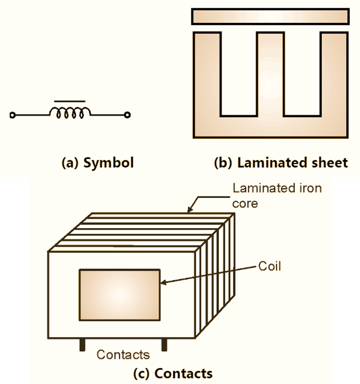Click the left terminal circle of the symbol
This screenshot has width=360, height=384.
(x=12, y=115)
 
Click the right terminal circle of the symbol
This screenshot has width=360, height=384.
(x=127, y=115)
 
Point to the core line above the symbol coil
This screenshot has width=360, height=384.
(x=70, y=100)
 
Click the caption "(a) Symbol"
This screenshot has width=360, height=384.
(x=97, y=163)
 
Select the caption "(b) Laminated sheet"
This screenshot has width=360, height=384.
(x=281, y=163)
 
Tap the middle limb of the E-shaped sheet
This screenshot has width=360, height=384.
(x=270, y=73)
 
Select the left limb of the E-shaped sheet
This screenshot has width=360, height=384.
(x=207, y=73)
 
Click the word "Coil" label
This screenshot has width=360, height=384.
(x=270, y=266)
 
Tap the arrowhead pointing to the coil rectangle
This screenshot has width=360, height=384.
(x=163, y=282)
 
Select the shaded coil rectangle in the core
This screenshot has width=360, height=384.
(x=120, y=294)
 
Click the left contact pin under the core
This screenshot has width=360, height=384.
(x=83, y=345)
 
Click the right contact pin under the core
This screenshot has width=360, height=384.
(x=164, y=345)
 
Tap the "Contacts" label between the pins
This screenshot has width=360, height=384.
(x=123, y=354)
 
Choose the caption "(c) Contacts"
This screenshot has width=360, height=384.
(x=173, y=374)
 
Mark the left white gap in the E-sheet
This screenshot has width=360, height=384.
(x=238, y=73)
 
